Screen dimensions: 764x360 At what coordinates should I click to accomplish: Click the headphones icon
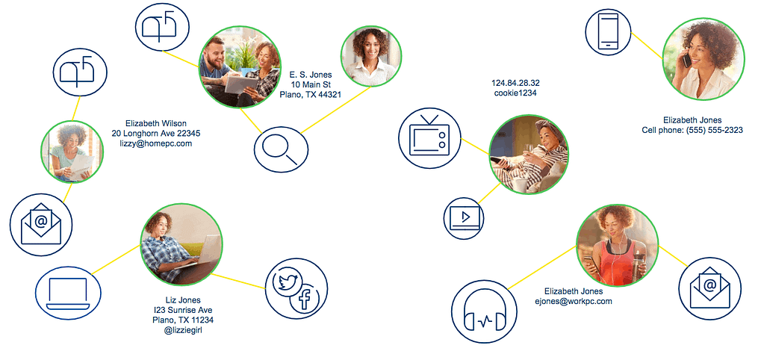click(485, 311)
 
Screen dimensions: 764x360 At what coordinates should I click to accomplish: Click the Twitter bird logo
click(289, 282)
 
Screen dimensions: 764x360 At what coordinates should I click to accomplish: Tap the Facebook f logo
click(305, 298)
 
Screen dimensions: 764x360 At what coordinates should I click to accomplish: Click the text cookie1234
click(515, 93)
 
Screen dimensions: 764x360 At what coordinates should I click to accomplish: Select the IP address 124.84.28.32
click(515, 83)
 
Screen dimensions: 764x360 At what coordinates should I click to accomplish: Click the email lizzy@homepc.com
click(156, 143)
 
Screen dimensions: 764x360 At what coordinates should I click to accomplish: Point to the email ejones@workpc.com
click(573, 302)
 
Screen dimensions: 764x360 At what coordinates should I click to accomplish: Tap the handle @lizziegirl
click(183, 331)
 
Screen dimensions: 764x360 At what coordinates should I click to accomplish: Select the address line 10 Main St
click(310, 84)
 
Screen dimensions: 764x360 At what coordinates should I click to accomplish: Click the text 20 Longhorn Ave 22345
click(156, 134)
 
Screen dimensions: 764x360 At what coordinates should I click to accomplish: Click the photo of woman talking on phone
click(703, 59)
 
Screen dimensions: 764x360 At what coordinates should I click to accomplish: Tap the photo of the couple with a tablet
click(240, 67)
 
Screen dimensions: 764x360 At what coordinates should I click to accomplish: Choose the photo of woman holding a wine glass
click(529, 155)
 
